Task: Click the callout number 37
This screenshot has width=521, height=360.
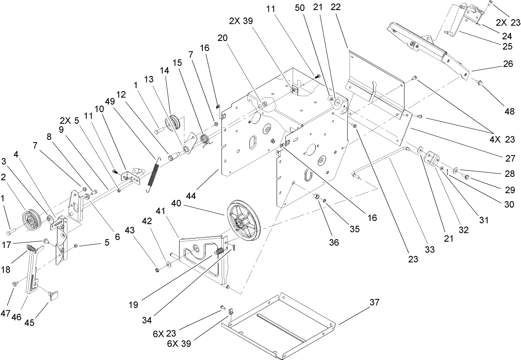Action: [x=374, y=302]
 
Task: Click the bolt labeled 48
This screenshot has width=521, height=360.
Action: [x=480, y=84]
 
